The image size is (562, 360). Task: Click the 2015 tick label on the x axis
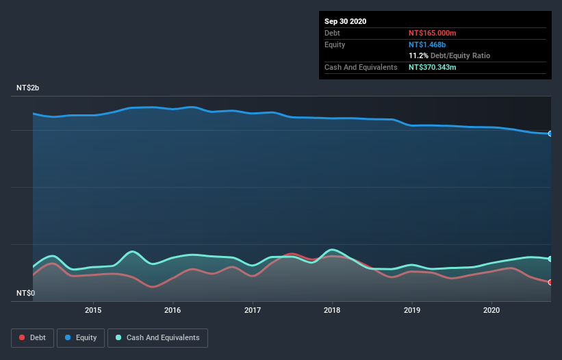point(93,310)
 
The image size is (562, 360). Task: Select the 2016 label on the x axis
point(173,310)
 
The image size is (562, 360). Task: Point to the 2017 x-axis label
point(253,310)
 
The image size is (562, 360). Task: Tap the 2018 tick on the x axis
point(332,310)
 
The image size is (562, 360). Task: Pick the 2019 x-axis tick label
point(412,310)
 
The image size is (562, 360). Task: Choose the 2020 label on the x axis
point(491,310)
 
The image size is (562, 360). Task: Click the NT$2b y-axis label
point(28,88)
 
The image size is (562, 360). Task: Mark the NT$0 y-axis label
point(25,293)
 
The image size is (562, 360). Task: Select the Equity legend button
point(81,337)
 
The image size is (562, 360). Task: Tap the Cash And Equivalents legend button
point(157,337)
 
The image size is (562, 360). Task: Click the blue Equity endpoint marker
point(550,133)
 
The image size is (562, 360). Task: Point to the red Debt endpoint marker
point(550,282)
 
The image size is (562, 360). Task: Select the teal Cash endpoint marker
point(550,259)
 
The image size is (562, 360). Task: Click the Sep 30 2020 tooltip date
point(345,21)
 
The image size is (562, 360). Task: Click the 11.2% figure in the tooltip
point(418,55)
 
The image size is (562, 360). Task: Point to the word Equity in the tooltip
point(335,44)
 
